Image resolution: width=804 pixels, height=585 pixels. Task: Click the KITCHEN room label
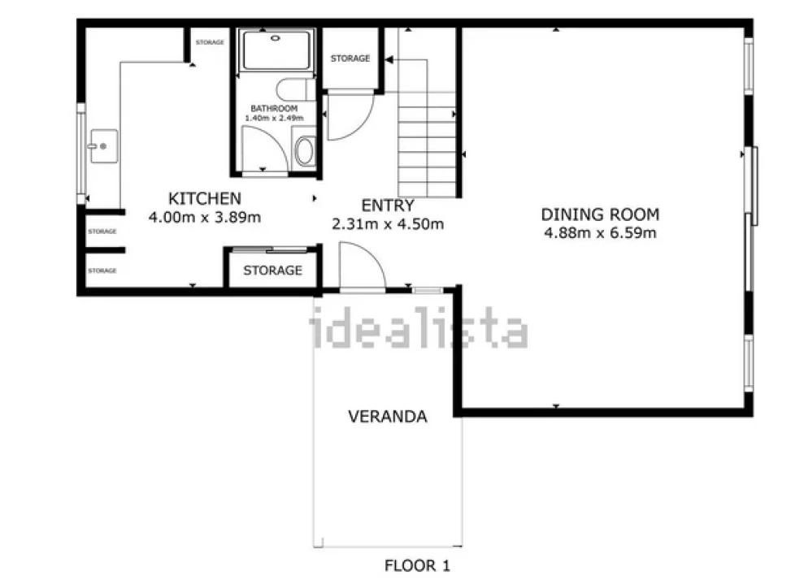205,198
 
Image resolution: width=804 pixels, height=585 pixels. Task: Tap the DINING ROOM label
600,214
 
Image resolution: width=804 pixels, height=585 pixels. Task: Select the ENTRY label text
387,206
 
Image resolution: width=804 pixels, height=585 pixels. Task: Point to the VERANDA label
388,416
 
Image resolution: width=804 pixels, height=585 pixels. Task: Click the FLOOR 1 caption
417,565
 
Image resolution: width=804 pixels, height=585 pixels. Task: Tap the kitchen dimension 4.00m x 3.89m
205,217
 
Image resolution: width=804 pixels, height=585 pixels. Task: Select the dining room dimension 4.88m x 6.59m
600,233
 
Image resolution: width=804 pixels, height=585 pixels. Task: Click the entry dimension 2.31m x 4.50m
387,224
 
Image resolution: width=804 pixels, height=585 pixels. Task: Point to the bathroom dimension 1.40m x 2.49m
274,118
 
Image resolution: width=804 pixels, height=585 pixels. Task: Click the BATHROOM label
274,109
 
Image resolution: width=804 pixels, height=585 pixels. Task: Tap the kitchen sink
104,146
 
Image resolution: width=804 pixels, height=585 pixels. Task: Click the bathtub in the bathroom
276,50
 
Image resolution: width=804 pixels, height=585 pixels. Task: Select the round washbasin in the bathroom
305,150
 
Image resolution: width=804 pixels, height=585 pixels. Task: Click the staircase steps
427,145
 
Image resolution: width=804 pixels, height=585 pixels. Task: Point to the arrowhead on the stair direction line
389,60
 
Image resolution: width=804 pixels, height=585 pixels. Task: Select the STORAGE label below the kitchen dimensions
273,270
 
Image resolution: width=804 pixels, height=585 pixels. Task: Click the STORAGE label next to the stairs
350,58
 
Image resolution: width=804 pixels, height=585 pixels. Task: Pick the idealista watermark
419,327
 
